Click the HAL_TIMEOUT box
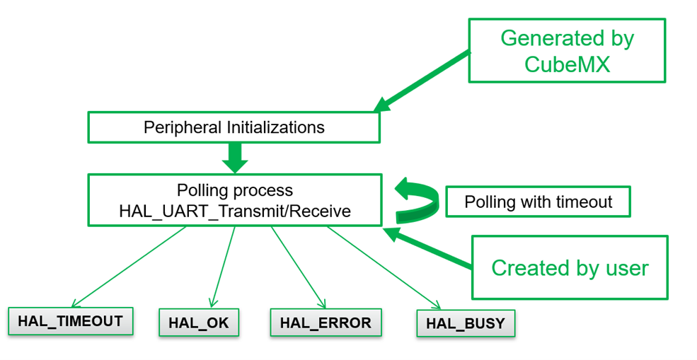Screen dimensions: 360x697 tap(70, 321)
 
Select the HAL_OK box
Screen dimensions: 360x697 tap(199, 323)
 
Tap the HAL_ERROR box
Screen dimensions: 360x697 tap(326, 323)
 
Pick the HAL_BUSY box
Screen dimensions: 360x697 tap(465, 324)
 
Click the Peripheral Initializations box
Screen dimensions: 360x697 tap(234, 127)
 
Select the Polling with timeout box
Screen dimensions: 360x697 tap(538, 202)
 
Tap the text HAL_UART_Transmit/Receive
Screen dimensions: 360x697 tap(234, 210)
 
